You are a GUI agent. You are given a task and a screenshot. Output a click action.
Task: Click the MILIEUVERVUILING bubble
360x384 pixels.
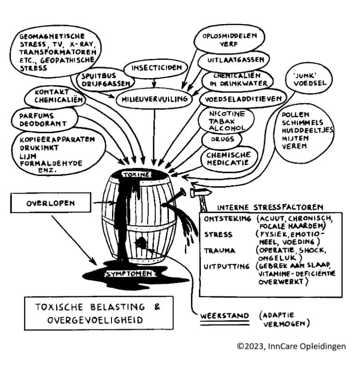(154, 98)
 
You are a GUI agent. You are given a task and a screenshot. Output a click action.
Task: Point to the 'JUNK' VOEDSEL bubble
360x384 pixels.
(309, 79)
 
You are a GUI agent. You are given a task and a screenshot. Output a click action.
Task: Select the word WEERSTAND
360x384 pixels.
(224, 316)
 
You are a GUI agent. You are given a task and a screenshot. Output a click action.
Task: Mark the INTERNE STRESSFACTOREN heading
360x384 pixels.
(270, 207)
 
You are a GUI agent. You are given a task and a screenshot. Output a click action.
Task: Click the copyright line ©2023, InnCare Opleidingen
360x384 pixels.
(291, 346)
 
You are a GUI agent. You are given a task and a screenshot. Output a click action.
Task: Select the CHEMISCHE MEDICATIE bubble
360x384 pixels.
(228, 159)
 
